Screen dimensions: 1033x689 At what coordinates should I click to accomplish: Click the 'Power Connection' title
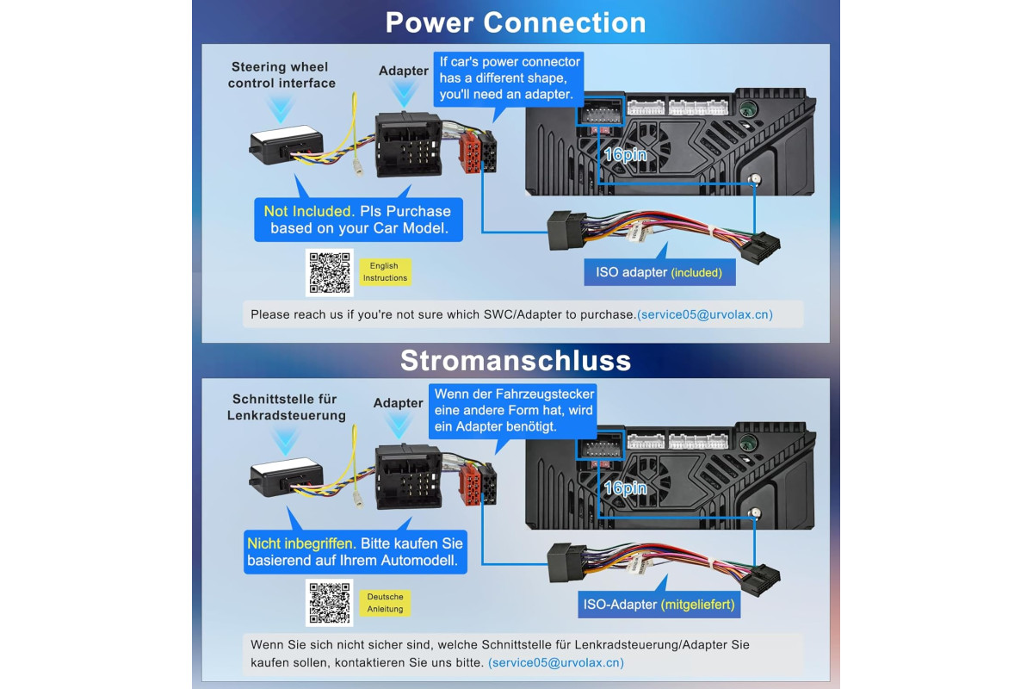click(x=516, y=22)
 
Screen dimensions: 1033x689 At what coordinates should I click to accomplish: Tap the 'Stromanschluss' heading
click(x=516, y=360)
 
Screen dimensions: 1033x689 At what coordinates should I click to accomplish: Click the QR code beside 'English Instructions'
click(x=329, y=273)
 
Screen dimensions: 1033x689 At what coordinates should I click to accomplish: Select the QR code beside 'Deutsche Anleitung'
click(x=329, y=603)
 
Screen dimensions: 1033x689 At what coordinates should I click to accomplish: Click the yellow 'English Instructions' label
click(x=385, y=272)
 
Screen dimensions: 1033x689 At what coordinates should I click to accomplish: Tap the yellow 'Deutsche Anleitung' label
click(x=385, y=603)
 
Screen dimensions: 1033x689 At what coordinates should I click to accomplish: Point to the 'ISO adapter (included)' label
click(x=659, y=272)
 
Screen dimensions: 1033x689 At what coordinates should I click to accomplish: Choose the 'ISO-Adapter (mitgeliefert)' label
click(x=659, y=605)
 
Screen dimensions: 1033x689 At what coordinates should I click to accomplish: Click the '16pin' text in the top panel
click(x=625, y=155)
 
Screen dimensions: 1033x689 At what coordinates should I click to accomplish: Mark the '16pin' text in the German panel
click(x=625, y=487)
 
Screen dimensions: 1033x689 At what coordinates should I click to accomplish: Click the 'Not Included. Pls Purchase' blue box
click(x=358, y=220)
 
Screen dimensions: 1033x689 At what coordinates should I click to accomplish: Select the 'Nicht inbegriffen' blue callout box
click(x=355, y=552)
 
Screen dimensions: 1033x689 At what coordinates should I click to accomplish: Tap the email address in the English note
click(x=705, y=314)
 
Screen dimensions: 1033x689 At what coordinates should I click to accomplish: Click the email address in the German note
click(x=556, y=662)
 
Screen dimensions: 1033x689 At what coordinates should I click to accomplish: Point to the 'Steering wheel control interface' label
click(x=281, y=75)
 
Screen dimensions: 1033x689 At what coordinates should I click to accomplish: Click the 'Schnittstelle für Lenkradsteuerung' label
click(x=286, y=407)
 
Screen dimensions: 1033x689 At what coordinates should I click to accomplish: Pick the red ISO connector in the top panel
click(x=470, y=152)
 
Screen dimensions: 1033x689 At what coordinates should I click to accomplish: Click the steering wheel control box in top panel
click(x=286, y=145)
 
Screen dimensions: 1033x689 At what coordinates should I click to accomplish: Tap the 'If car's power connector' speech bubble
click(x=509, y=78)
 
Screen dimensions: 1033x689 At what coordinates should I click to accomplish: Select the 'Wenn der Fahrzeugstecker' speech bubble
click(x=513, y=411)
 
